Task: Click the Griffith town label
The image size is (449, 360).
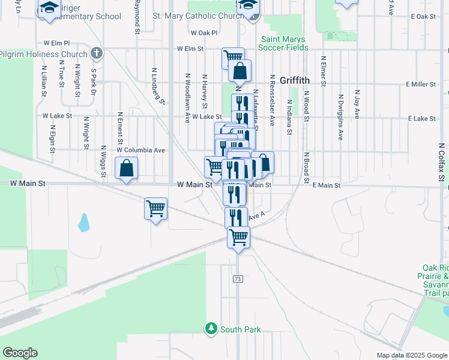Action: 294,79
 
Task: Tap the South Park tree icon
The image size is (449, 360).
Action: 211,329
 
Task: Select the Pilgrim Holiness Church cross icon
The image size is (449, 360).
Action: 96,54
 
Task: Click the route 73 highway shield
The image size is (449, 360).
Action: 238,279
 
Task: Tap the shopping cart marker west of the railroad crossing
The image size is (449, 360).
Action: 155,209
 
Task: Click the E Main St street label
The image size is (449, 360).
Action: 327,186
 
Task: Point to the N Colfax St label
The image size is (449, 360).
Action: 441,163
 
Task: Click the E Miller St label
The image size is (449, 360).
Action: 420,85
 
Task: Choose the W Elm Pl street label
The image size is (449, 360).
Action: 57,43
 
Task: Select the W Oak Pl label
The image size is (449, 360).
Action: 203,33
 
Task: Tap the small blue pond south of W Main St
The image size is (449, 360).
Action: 83,223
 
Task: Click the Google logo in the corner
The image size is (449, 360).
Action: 20,353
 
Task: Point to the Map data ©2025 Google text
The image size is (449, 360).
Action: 412,355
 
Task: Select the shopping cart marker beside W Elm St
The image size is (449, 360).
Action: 233,58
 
